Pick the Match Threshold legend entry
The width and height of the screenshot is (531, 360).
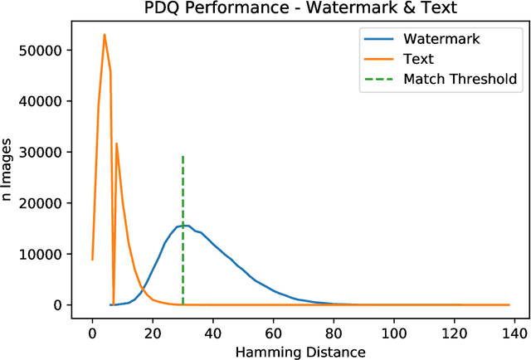(x=460, y=79)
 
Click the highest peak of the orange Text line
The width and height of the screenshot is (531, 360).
(x=105, y=35)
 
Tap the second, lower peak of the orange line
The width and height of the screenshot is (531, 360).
(x=116, y=144)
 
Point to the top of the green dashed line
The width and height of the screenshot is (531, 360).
(x=183, y=155)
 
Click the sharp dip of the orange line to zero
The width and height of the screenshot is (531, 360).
(x=114, y=304)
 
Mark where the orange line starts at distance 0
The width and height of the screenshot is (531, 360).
(x=92, y=260)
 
